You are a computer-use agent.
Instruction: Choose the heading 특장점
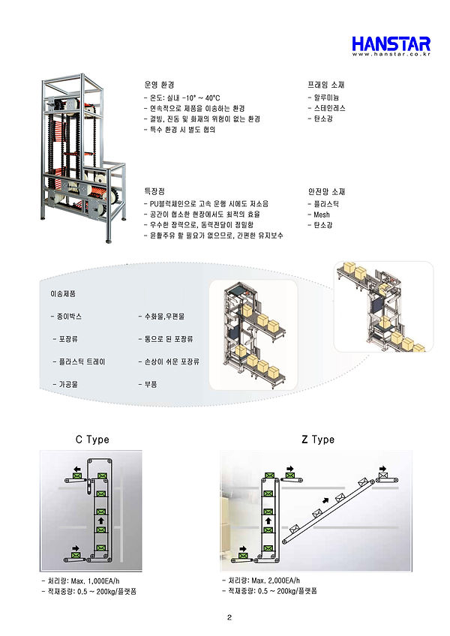155,192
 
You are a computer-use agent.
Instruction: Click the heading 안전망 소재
326,192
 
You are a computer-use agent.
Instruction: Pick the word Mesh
321,214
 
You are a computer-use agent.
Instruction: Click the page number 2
228,618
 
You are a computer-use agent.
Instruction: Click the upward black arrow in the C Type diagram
100,518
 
